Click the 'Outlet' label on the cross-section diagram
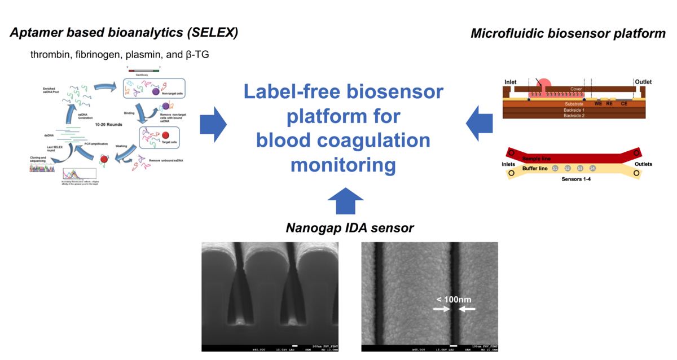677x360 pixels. coord(644,82)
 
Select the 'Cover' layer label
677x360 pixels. coord(575,89)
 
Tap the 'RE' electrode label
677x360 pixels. coord(609,104)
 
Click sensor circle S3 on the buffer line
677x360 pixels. coord(580,168)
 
